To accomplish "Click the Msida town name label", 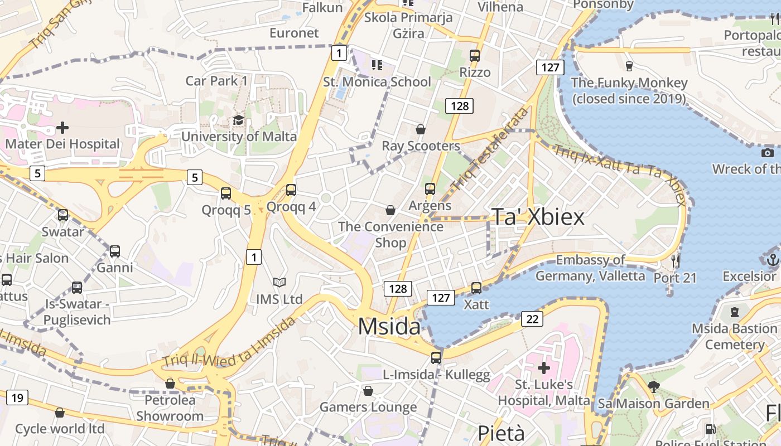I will pyautogui.click(x=389, y=326).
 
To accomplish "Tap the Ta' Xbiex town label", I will pyautogui.click(x=538, y=217).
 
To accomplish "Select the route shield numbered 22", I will pyautogui.click(x=532, y=319).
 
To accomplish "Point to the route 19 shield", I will pyautogui.click(x=17, y=397).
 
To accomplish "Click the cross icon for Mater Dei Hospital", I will pyautogui.click(x=62, y=128).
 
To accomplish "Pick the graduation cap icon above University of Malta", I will pyautogui.click(x=238, y=120).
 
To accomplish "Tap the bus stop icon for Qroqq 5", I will pyautogui.click(x=226, y=193).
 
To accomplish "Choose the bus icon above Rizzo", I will pyautogui.click(x=475, y=56).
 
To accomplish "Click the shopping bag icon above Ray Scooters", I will pyautogui.click(x=421, y=130).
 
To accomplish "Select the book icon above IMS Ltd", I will pyautogui.click(x=279, y=283).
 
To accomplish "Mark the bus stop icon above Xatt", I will pyautogui.click(x=476, y=288).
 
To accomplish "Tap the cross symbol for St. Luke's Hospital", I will pyautogui.click(x=544, y=368).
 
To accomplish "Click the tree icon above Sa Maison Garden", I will pyautogui.click(x=653, y=386).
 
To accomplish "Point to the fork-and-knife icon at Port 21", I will pyautogui.click(x=675, y=260).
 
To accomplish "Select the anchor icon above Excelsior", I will pyautogui.click(x=773, y=259).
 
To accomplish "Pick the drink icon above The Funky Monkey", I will pyautogui.click(x=629, y=66).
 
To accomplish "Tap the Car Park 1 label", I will pyautogui.click(x=216, y=81).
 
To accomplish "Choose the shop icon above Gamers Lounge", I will pyautogui.click(x=368, y=391).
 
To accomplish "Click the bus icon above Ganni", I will pyautogui.click(x=115, y=251).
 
